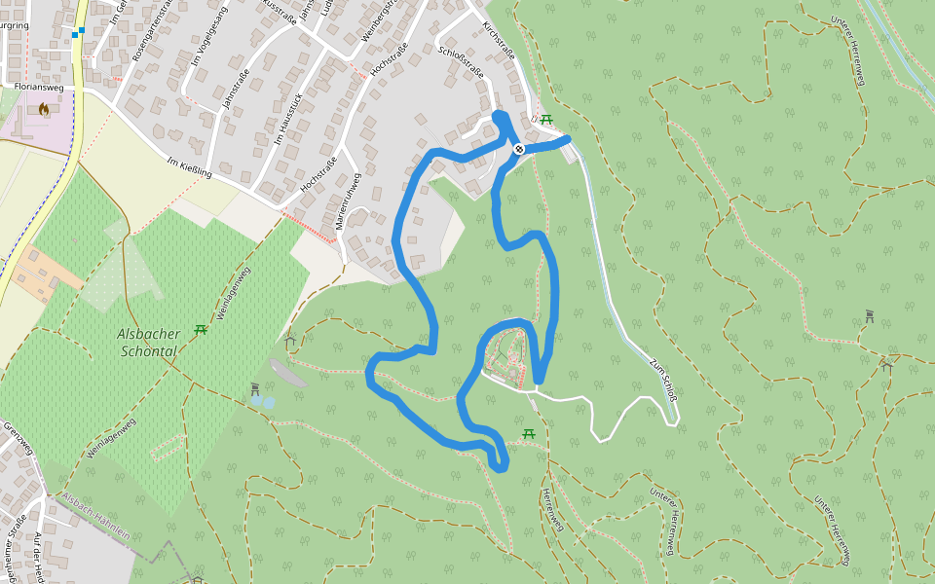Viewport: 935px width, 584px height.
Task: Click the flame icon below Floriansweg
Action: (x=44, y=110)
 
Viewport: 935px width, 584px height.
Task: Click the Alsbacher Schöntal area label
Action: (x=148, y=342)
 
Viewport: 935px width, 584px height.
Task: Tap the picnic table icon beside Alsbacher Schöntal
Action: (x=201, y=330)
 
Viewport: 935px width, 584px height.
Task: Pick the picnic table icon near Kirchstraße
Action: (x=546, y=120)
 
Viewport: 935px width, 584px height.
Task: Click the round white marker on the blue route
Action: (x=519, y=149)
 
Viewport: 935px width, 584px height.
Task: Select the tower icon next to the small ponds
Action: (x=255, y=388)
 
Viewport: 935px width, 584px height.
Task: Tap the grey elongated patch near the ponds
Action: (x=286, y=371)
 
